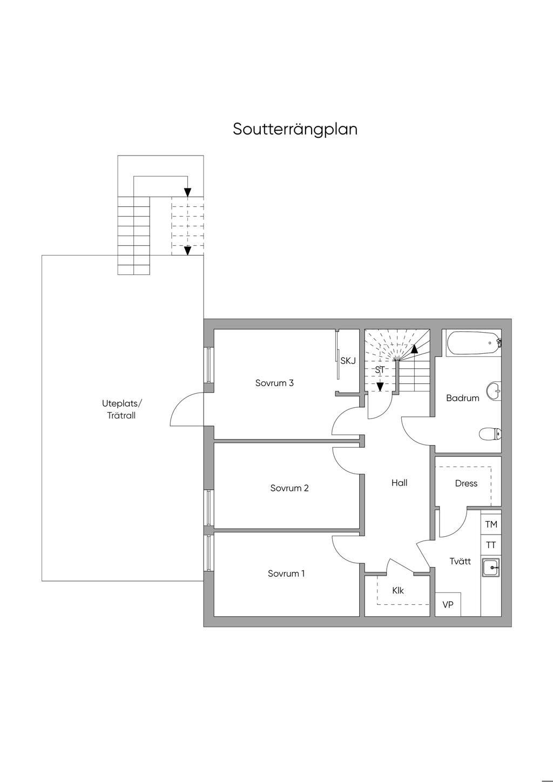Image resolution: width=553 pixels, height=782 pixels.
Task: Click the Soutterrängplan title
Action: (295, 130)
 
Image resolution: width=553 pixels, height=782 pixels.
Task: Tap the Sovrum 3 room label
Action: (274, 383)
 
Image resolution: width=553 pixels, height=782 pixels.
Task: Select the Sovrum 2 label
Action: (289, 488)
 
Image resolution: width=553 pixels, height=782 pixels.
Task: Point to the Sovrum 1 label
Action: (286, 574)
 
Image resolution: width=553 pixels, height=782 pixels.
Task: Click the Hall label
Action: (400, 483)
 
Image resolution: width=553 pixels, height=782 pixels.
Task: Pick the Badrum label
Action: (463, 398)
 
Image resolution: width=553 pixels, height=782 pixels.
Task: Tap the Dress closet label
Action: (466, 483)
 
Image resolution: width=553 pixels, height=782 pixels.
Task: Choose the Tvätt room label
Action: (460, 561)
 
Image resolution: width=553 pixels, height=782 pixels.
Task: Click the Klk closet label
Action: (398, 590)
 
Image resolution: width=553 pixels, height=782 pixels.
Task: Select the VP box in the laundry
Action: (448, 604)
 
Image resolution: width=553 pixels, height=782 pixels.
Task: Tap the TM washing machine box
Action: (491, 524)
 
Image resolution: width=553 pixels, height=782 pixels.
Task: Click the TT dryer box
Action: (491, 544)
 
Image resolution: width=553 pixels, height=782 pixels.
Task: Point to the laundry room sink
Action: (491, 567)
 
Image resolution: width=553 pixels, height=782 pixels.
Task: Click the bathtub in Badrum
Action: (474, 343)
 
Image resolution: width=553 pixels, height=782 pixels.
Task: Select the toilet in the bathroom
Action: (490, 435)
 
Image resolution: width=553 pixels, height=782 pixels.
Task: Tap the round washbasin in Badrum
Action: (494, 390)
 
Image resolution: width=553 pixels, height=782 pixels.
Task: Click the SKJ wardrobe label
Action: (348, 361)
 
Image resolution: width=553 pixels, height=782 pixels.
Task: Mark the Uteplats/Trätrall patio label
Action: (122, 409)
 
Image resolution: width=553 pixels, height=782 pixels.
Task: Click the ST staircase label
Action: (380, 370)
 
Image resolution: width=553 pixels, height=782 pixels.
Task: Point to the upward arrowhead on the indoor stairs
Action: (414, 349)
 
